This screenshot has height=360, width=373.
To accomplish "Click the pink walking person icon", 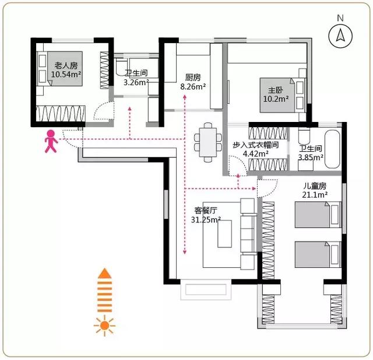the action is point(51,141).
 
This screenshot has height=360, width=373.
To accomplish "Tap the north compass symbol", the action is point(340,36).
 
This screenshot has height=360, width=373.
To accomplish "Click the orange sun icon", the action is point(104,326).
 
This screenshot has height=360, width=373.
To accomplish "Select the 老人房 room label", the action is point(66,65).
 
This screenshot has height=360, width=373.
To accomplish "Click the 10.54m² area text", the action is point(66,74).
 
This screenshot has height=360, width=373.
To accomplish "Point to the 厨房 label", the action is point(193,78).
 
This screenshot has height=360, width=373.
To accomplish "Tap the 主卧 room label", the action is point(276,90).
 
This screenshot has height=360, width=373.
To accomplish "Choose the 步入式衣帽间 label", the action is point(255,145).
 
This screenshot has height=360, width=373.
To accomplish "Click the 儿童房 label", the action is point(315,186).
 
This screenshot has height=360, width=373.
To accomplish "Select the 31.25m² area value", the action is point(206,219).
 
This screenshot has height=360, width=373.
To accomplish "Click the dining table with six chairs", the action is point(208,142).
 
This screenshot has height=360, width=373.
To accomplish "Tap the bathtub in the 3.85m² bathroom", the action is point(332,149).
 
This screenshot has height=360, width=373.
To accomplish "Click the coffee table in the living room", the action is point(224,234).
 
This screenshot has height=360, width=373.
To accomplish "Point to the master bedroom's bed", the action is point(283,95).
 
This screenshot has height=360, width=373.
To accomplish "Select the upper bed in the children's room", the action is point(318,215).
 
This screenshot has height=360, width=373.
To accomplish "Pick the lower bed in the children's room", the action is point(318,254).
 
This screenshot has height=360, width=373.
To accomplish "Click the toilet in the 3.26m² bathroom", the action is point(122,67).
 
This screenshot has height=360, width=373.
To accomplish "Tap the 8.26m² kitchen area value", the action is point(193,87).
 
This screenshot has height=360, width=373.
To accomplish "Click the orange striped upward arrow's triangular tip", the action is point(104,273).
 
